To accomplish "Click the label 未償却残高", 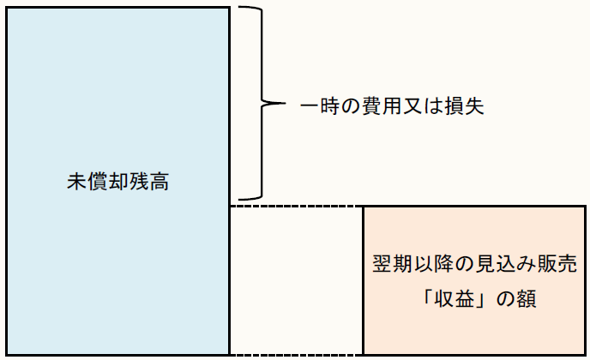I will click(117, 183).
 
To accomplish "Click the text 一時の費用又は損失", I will click(393, 105).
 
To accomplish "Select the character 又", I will click(414, 105).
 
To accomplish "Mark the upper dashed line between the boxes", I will click(296, 207).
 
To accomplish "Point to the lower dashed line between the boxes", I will click(296, 354).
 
